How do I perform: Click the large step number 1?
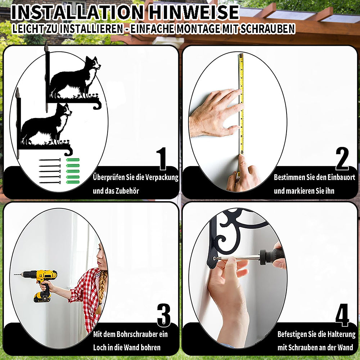click(162, 158)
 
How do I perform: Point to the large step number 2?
click(342, 158)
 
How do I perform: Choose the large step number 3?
click(164, 315)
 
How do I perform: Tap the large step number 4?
click(342, 315)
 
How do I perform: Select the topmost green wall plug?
click(73, 160)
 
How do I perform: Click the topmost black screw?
click(50, 160)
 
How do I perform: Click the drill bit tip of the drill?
click(14, 274)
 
